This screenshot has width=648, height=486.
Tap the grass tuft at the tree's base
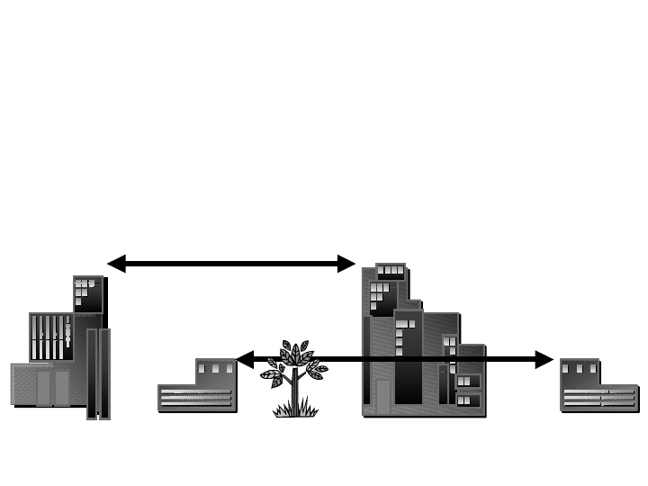coord(295,409)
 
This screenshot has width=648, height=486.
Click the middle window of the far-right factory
coord(579,369)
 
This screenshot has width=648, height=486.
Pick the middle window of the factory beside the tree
coord(215,369)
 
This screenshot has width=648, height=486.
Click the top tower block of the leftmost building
coord(87,293)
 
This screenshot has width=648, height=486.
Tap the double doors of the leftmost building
coord(53,388)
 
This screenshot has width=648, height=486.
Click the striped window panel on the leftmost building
coord(50,337)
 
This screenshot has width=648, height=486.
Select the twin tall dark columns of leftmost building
coord(98,373)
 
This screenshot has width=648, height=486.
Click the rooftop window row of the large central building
coord(391,270)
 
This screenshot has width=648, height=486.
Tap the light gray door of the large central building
coord(383,396)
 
